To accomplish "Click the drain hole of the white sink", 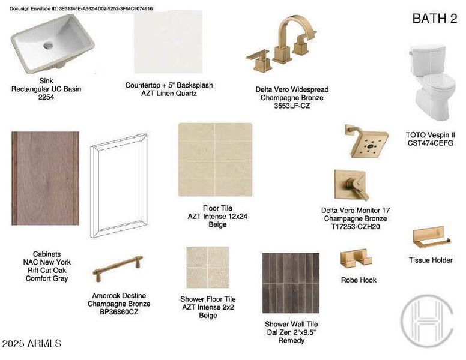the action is point(48,46).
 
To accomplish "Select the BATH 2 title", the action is point(435,19).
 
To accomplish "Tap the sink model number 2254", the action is point(46,97).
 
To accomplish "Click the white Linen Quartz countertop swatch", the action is point(168,41).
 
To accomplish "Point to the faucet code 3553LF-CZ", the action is point(292,106).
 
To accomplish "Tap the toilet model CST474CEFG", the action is point(431,143).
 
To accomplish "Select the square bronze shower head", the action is point(368,142).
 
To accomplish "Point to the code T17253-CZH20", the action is point(356,227).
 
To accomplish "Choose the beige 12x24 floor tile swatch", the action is point(215,160).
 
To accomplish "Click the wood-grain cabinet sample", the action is point(46,178).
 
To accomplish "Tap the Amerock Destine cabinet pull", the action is point(118,268).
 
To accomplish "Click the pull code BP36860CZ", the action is point(119,312).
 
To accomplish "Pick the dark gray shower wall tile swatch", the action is point(291,283).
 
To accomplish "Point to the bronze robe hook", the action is point(356,258).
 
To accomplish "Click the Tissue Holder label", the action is point(431,260).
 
